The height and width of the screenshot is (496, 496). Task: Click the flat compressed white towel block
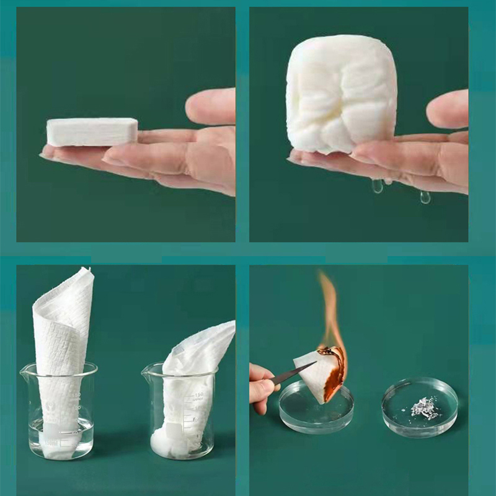coord(92,131)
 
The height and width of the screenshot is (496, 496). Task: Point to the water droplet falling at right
coord(425,197)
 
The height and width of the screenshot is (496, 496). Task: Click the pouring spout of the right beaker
coord(147,370)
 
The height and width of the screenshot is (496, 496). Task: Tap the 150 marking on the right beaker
coord(200,395)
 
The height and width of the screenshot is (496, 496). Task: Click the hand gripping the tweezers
coord(260,384)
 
